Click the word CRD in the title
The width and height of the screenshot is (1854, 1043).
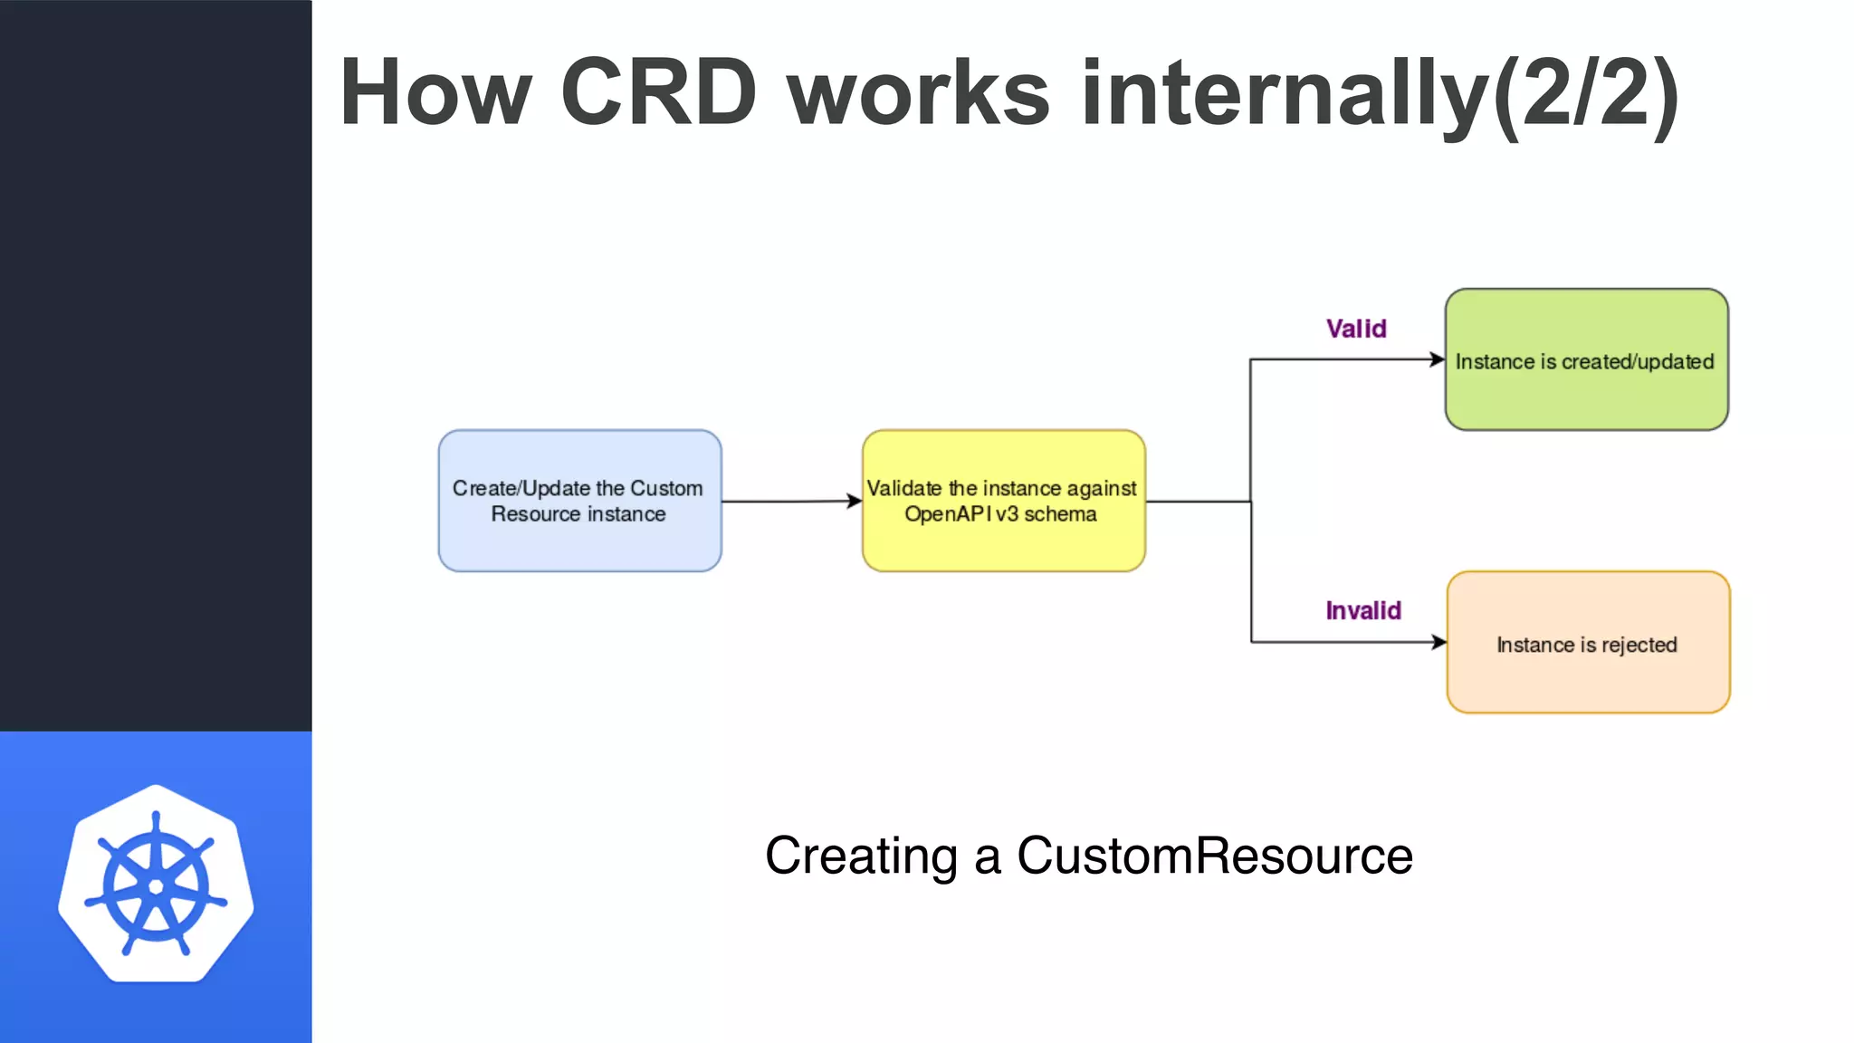click(658, 92)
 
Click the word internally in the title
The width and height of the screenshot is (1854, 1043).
click(1285, 92)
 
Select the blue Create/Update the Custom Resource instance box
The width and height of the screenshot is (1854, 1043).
click(579, 501)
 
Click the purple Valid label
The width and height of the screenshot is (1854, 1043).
click(1356, 329)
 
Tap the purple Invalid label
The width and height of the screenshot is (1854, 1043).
click(1363, 611)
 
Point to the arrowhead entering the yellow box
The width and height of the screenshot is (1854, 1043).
click(855, 501)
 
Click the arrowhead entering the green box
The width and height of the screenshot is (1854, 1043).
click(1438, 359)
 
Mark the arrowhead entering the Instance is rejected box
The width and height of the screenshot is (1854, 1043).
click(1439, 642)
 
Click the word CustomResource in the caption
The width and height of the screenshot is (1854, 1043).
click(1214, 856)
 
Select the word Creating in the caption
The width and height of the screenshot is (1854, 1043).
click(861, 856)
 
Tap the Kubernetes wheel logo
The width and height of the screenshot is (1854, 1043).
click(156, 884)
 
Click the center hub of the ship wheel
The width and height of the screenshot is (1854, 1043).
click(156, 886)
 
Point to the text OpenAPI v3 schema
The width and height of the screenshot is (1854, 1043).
click(1000, 514)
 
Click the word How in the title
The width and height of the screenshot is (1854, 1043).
click(435, 92)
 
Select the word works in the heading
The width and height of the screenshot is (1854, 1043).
click(918, 92)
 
